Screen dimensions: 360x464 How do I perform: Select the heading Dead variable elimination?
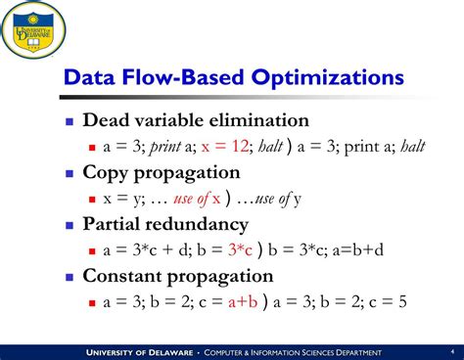point(196,120)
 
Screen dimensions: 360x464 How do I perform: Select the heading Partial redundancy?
point(172,224)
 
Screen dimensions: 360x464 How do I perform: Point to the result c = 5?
point(397,302)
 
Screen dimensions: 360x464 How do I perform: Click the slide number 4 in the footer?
point(451,351)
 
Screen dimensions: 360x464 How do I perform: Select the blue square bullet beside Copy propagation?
point(70,173)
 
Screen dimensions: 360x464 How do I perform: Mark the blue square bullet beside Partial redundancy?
point(70,225)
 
